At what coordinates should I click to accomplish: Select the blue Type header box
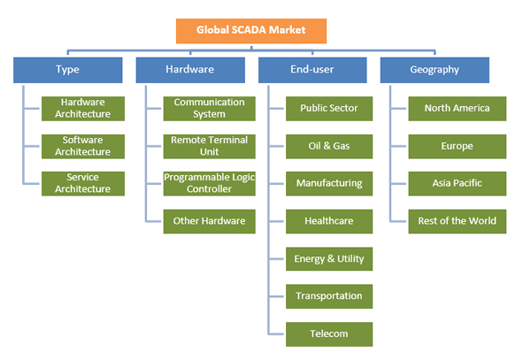pyautogui.click(x=67, y=69)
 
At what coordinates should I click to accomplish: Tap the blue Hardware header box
pyautogui.click(x=189, y=69)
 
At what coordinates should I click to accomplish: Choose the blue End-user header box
pyautogui.click(x=312, y=69)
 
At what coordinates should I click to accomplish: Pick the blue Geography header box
pyautogui.click(x=434, y=69)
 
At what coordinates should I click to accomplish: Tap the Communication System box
pyautogui.click(x=210, y=108)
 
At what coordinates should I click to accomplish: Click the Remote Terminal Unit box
pyautogui.click(x=210, y=146)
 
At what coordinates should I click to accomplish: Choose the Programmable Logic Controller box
pyautogui.click(x=210, y=183)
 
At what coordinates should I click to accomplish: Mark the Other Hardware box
pyautogui.click(x=210, y=221)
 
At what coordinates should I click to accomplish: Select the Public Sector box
pyautogui.click(x=329, y=108)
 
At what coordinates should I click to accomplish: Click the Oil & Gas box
pyautogui.click(x=329, y=146)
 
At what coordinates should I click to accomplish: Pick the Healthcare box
pyautogui.click(x=329, y=221)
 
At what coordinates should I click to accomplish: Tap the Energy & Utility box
pyautogui.click(x=329, y=258)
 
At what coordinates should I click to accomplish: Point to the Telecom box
pyautogui.click(x=329, y=333)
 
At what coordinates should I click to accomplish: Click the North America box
pyautogui.click(x=458, y=108)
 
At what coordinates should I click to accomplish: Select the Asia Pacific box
pyautogui.click(x=458, y=183)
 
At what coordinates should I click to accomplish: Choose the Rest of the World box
pyautogui.click(x=458, y=221)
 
